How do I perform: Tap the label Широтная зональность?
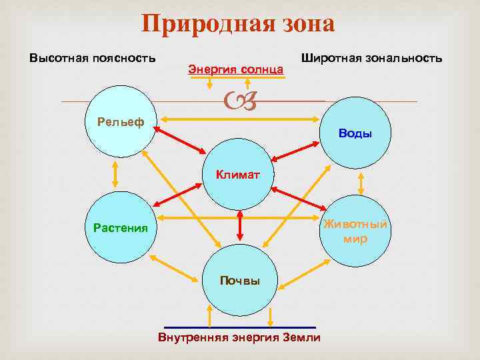pos(371,58)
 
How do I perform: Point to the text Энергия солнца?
pos(236,69)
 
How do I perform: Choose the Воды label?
pos(355,133)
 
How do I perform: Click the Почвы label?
pos(240,281)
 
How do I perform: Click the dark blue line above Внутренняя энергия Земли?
pos(239,327)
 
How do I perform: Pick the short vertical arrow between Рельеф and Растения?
pos(115,174)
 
